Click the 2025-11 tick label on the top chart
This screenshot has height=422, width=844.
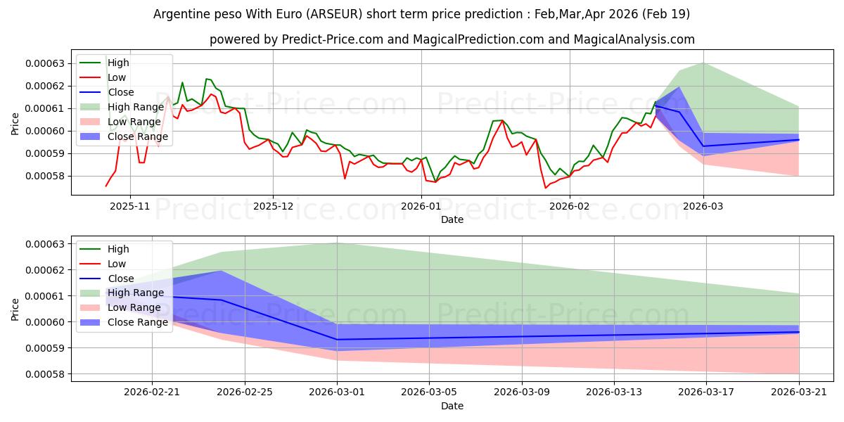click(x=129, y=206)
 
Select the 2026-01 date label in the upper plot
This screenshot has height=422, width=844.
click(x=421, y=206)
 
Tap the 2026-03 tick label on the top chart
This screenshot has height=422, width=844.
click(x=703, y=206)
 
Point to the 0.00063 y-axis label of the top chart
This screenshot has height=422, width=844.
click(x=45, y=63)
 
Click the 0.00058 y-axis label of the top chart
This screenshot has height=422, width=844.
click(x=45, y=176)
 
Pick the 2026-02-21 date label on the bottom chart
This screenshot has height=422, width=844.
click(x=152, y=392)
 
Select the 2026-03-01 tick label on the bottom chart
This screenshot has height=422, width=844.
click(x=337, y=392)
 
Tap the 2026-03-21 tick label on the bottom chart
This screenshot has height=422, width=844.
click(x=799, y=392)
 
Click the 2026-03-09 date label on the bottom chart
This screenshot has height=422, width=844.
click(x=521, y=392)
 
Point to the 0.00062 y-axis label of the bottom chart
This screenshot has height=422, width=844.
click(x=45, y=270)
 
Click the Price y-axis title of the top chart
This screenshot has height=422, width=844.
click(x=15, y=124)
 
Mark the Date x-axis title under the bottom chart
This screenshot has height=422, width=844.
click(x=452, y=406)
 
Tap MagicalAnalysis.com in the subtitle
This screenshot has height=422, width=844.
click(x=634, y=39)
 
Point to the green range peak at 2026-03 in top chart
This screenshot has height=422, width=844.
click(x=703, y=63)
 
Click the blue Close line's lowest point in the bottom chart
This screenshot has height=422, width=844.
click(x=337, y=340)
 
